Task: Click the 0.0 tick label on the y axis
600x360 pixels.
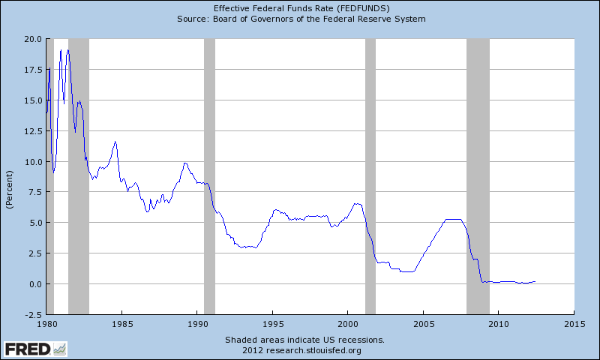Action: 34,284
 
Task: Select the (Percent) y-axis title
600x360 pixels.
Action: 10,189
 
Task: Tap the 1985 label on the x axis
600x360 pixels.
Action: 122,323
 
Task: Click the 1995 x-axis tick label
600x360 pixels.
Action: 273,323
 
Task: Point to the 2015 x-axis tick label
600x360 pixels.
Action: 574,323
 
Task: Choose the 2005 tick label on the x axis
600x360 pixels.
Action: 423,323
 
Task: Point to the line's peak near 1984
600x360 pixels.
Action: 115,141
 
